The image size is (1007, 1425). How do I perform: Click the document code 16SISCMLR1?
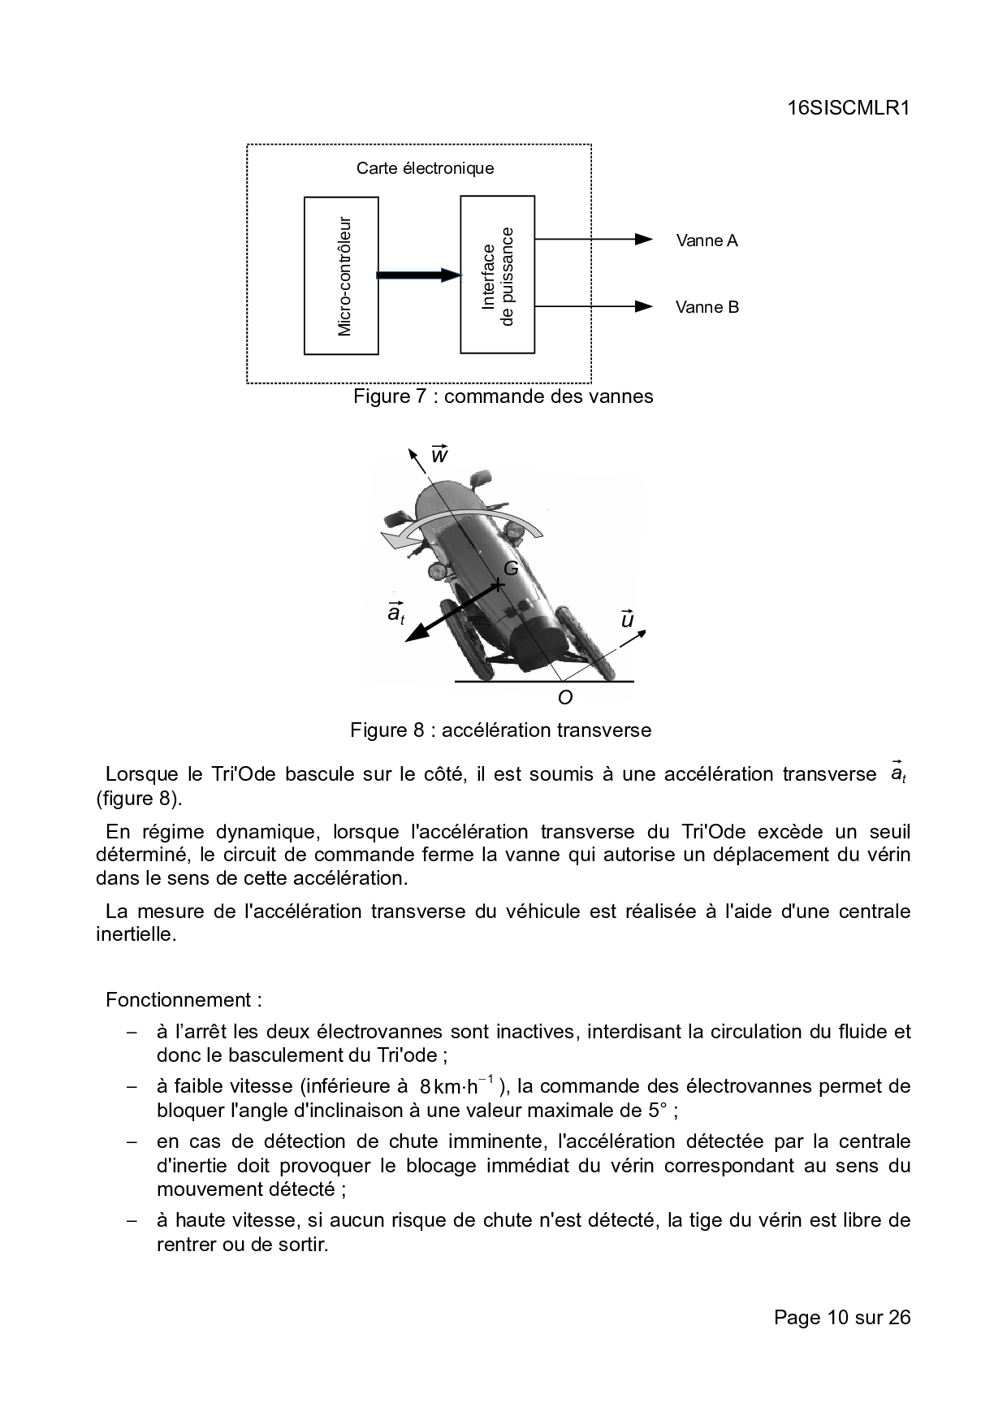[847, 109]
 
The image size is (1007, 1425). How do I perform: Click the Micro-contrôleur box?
[341, 275]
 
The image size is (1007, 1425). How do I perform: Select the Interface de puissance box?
[497, 275]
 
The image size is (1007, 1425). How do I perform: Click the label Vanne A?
[707, 240]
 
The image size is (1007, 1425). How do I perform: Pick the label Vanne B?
[707, 307]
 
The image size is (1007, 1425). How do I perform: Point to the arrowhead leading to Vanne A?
[644, 239]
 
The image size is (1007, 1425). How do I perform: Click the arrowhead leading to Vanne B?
[644, 306]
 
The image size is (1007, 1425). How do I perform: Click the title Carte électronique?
[425, 168]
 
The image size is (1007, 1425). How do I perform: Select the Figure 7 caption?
[503, 396]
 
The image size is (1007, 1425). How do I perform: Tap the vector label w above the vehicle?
[439, 454]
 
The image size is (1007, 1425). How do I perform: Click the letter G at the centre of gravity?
[511, 569]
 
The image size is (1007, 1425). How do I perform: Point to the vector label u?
[627, 619]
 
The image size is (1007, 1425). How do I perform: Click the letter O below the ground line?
[565, 697]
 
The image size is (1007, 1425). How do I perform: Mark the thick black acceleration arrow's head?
[416, 635]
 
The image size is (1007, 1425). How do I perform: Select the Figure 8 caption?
[500, 730]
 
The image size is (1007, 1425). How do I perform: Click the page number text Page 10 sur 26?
[842, 1317]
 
